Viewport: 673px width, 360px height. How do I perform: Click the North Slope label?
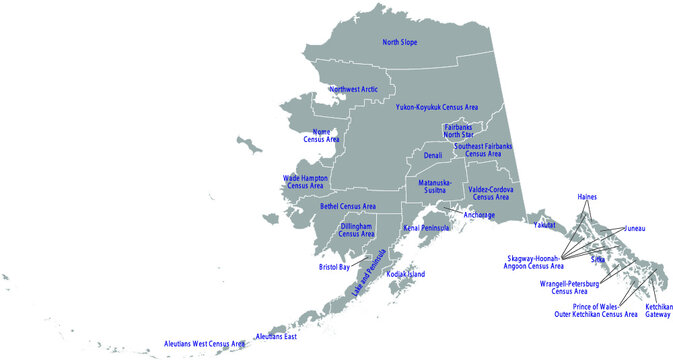click(x=400, y=42)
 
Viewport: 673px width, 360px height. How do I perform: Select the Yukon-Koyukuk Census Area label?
click(x=436, y=106)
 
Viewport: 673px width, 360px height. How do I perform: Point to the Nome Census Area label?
click(x=321, y=134)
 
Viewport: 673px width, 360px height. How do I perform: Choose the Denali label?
click(x=432, y=156)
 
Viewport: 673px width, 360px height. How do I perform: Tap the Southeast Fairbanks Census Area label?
click(x=483, y=150)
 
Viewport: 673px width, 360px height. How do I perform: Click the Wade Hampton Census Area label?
click(x=305, y=182)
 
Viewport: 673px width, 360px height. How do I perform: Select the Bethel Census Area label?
click(x=348, y=206)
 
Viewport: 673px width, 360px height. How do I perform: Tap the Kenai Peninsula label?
click(x=425, y=228)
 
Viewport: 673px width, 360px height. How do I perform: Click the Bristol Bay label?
click(x=334, y=268)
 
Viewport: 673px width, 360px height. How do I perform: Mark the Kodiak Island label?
click(x=406, y=273)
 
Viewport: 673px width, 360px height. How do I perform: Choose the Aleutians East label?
click(x=276, y=337)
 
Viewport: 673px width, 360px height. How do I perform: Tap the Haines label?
click(x=587, y=197)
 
